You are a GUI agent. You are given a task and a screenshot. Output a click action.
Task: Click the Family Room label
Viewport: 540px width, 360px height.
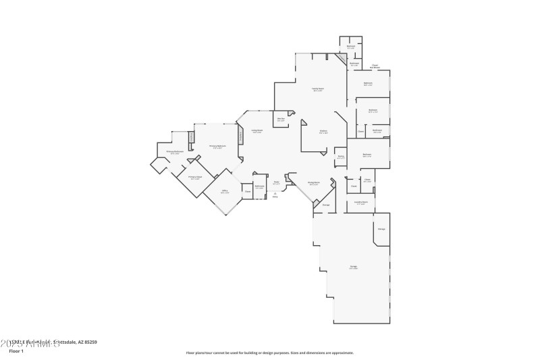coord(317,88)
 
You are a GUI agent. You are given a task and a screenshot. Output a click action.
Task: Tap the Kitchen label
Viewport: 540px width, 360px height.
coord(323,131)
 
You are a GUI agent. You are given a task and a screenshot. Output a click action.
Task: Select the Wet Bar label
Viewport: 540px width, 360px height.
coord(281,120)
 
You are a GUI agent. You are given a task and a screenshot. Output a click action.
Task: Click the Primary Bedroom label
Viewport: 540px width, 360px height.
coord(217,146)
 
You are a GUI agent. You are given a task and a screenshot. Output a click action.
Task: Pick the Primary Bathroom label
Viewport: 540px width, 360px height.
coord(175,152)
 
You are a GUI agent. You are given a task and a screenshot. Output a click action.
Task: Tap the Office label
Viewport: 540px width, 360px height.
coord(224,191)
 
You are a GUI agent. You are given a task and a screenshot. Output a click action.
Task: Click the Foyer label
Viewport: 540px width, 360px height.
coord(276,182)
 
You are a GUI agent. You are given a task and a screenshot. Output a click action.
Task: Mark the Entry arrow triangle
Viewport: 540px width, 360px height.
coord(275,193)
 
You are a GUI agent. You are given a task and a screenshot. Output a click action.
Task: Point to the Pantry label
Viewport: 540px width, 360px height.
coord(341,157)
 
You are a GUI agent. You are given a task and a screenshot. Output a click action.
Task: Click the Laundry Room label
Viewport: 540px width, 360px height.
coord(361,202)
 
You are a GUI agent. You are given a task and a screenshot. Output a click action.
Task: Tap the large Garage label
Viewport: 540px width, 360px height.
coord(353,267)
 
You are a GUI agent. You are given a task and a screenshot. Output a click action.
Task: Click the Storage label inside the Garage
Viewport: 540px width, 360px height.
coord(381,230)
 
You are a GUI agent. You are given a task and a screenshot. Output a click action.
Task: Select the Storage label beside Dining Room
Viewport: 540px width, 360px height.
coord(325,205)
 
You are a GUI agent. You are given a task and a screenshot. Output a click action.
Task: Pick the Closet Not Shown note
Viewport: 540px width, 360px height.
coord(375,66)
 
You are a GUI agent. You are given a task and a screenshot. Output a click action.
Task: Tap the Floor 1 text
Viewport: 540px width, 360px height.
coord(16,351)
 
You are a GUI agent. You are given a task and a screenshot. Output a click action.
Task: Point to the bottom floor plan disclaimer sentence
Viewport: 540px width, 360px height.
coord(269,352)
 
